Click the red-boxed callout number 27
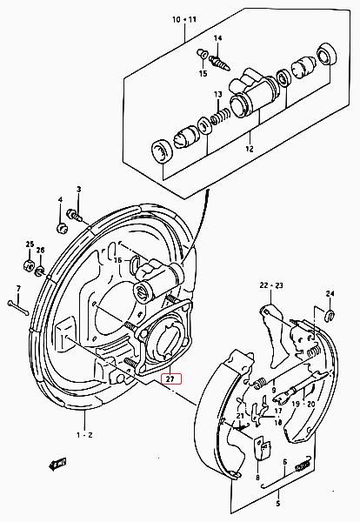click(171, 378)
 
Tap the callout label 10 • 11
click(184, 20)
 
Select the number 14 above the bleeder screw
click(217, 38)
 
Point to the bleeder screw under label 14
click(219, 63)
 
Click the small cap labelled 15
click(202, 54)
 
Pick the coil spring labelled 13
click(220, 116)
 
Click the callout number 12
click(250, 149)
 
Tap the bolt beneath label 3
click(74, 214)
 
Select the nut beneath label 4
click(62, 229)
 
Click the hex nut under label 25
click(29, 265)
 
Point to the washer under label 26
click(40, 271)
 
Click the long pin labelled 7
click(18, 308)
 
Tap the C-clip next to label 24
click(330, 315)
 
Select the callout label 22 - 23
click(271, 285)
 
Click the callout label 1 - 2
click(84, 435)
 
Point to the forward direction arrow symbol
click(57, 465)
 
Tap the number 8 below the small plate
click(258, 478)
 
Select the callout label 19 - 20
click(303, 405)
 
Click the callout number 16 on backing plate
click(118, 260)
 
